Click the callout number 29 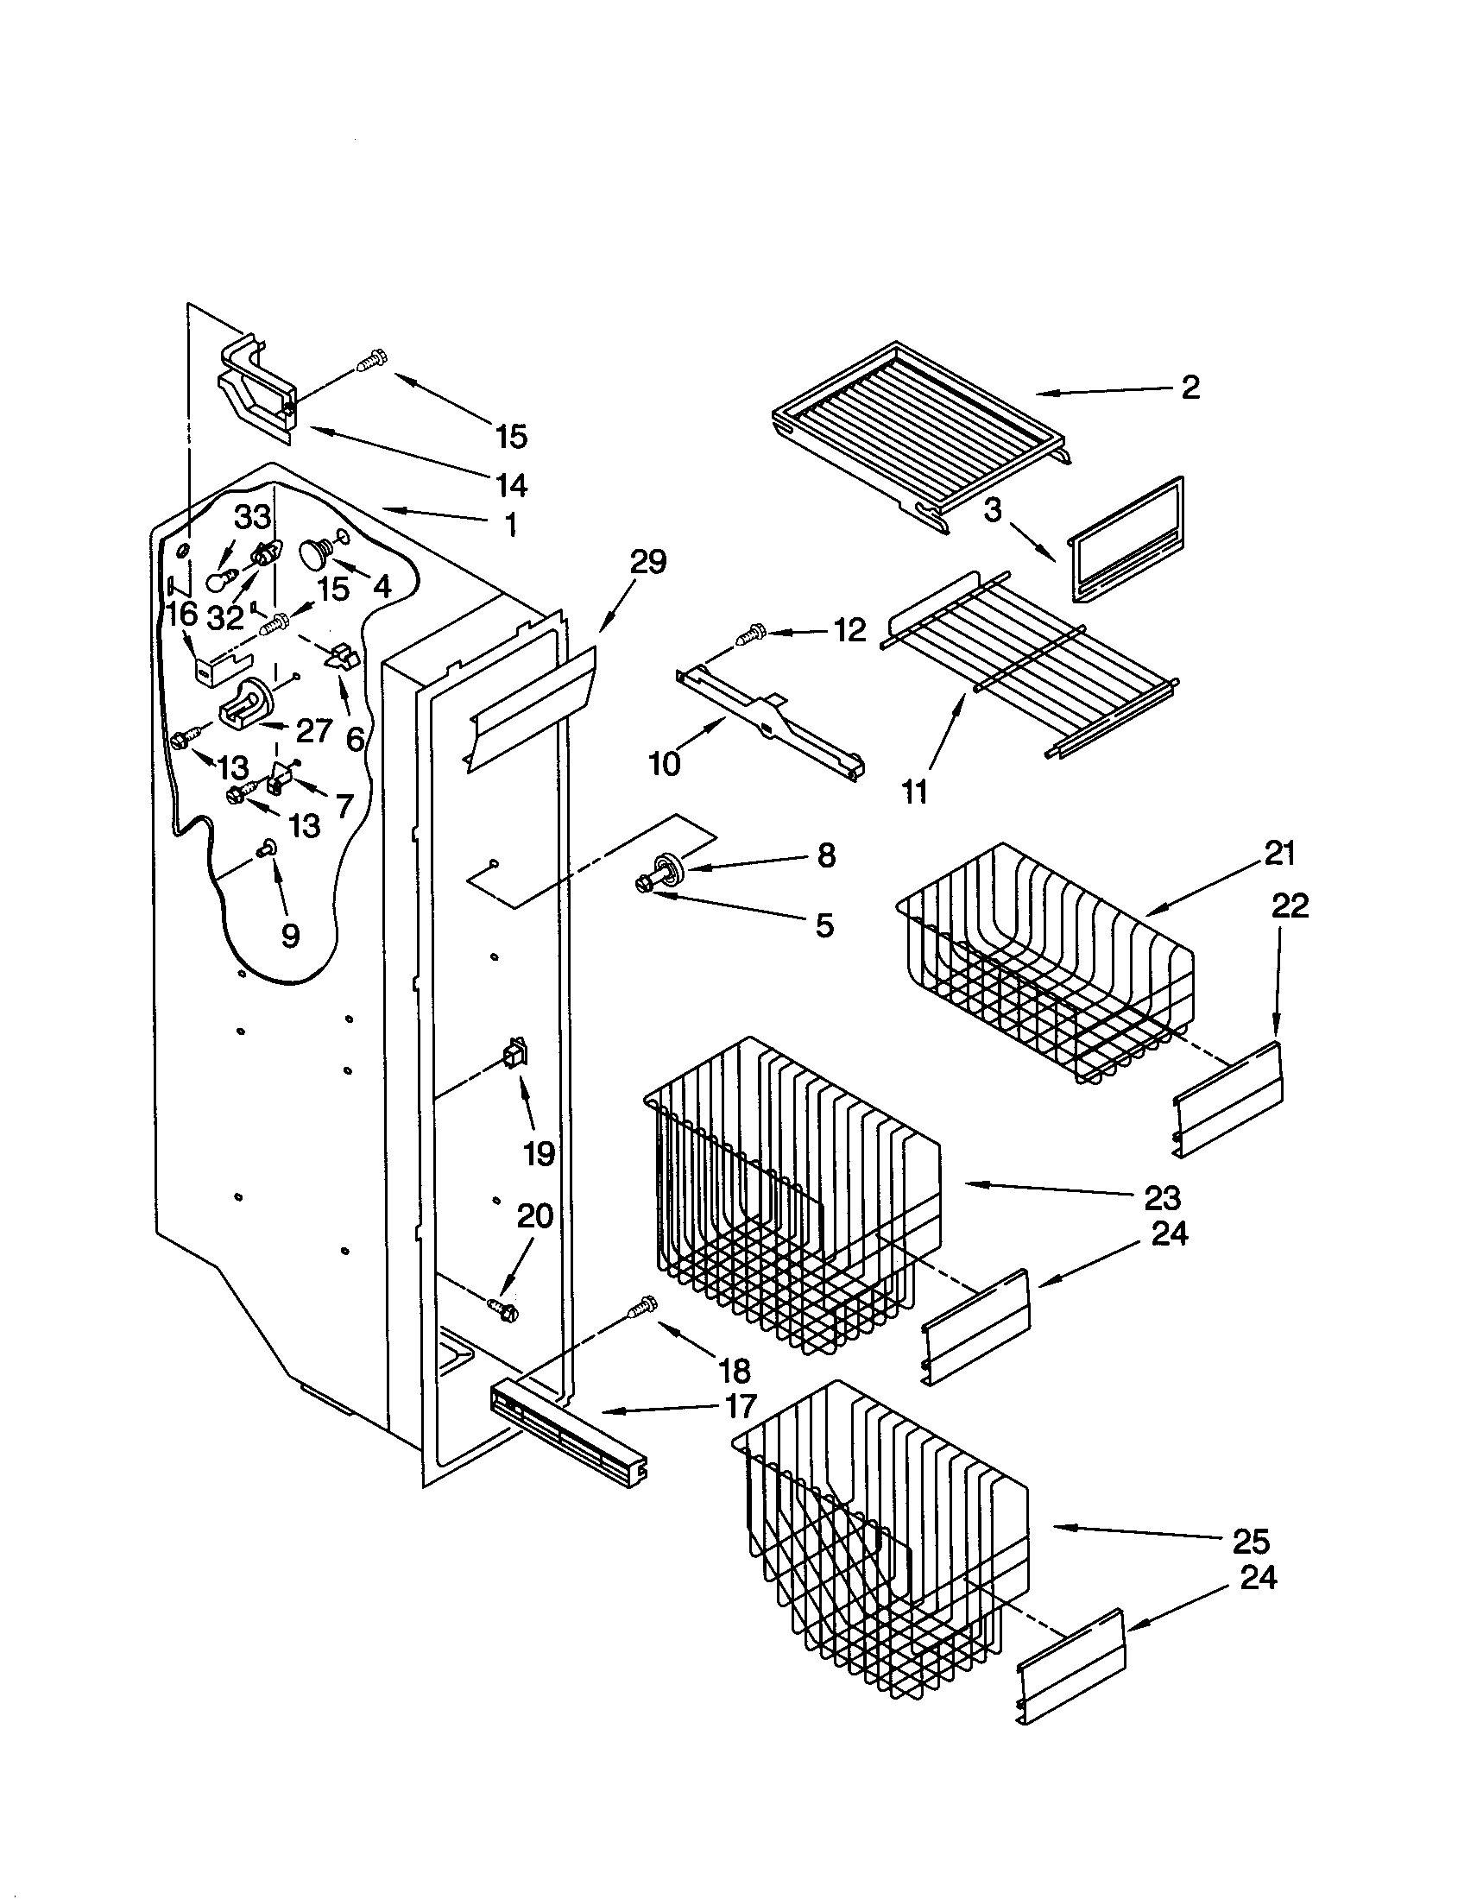click(647, 563)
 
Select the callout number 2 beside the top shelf click(1189, 387)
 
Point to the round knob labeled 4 click(313, 552)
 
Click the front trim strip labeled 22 click(1227, 1100)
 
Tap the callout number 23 click(1163, 1198)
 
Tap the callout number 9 click(289, 936)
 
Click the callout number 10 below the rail click(665, 763)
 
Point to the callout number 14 click(510, 484)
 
